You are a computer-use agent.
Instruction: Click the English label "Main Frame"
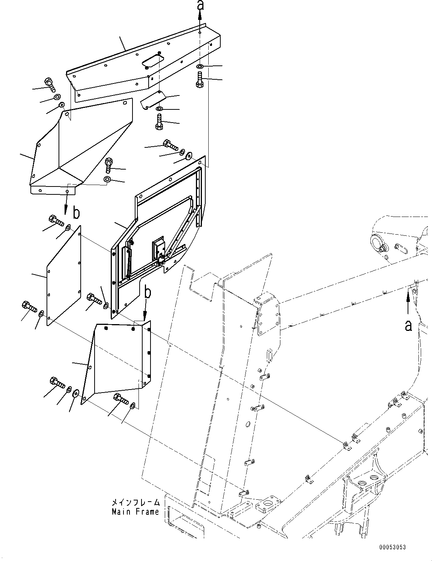click(135, 512)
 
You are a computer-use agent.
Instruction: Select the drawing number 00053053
click(392, 547)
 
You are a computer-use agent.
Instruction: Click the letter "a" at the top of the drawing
click(200, 5)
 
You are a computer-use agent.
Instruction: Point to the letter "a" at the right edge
click(408, 325)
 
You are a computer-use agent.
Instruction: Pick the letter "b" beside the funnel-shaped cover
click(76, 213)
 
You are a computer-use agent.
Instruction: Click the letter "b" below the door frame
click(149, 292)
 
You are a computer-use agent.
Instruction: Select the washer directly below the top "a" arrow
click(200, 67)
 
